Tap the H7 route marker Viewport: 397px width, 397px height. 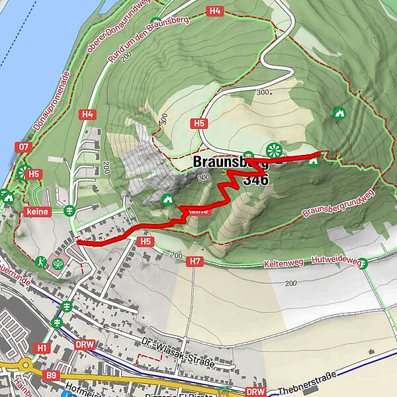coord(194,262)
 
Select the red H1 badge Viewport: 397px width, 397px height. coord(42,347)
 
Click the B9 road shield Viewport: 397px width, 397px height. coord(52,375)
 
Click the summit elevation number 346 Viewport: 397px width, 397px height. coord(255,179)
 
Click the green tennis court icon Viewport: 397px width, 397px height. coord(58,263)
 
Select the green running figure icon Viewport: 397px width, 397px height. coord(42,261)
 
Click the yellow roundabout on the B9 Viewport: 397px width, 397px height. coord(26,365)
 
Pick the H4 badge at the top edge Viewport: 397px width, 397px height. coord(214,11)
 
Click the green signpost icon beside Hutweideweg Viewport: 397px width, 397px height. coord(363,263)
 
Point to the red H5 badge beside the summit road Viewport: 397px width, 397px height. coord(198,123)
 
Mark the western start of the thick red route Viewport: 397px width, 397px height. coord(78,242)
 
